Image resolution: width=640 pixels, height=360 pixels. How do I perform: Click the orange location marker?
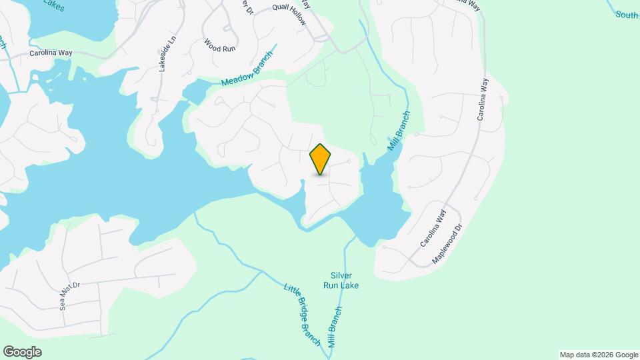[321, 159]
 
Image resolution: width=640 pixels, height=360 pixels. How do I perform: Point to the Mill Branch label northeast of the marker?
[399, 130]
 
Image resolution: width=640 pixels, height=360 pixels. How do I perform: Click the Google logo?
[22, 352]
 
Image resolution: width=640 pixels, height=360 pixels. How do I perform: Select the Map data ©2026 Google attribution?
[599, 355]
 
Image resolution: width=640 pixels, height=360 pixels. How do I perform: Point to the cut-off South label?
[627, 14]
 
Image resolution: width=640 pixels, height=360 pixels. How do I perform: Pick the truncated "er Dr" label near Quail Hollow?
[249, 8]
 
